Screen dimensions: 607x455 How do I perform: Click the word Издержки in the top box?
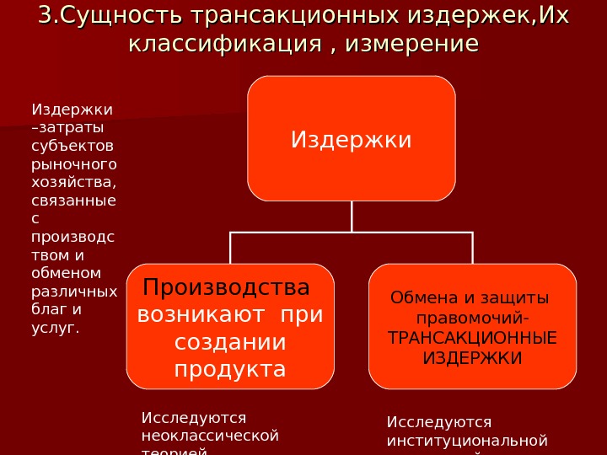pos(352,139)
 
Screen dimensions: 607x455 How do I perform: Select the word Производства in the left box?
pos(226,288)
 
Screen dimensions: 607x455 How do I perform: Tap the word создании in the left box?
pos(230,343)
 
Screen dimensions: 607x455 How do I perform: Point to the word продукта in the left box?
pos(230,370)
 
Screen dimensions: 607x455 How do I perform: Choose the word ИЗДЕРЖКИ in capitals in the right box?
pos(472,358)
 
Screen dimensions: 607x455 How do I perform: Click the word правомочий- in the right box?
pos(473,318)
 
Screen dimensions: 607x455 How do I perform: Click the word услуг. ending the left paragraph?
pos(55,326)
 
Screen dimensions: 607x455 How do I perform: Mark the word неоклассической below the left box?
pos(210,436)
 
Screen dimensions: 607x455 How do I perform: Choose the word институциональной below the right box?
pos(467,440)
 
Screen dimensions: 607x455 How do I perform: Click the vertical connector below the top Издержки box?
pos(352,217)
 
